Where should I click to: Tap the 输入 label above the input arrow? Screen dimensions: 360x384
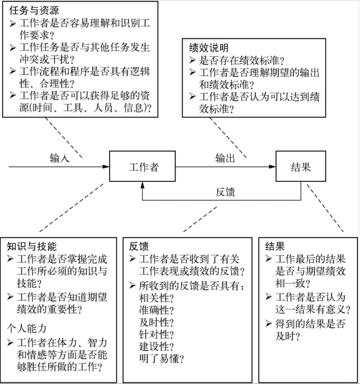(x=60, y=158)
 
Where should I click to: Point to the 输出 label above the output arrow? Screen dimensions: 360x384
(x=225, y=158)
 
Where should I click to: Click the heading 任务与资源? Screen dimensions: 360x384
(x=34, y=10)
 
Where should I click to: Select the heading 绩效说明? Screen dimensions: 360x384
(x=209, y=48)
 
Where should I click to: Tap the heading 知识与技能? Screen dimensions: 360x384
(x=32, y=246)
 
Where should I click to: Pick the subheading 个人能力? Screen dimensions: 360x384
(x=27, y=328)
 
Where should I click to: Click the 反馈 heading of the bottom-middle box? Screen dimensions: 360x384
(x=139, y=246)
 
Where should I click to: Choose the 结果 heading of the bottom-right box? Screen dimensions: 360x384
(x=275, y=246)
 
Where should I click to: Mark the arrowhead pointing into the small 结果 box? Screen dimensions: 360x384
(x=272, y=167)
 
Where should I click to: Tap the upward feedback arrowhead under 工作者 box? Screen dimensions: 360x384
(x=143, y=185)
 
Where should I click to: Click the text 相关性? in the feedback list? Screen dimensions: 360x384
(x=156, y=298)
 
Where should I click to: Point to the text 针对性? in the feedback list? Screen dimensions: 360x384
(x=156, y=335)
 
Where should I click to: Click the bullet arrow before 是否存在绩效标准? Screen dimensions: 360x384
(x=192, y=60)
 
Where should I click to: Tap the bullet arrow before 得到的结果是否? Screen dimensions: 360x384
(x=269, y=324)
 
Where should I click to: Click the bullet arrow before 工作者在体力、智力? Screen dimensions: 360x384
(x=10, y=342)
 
